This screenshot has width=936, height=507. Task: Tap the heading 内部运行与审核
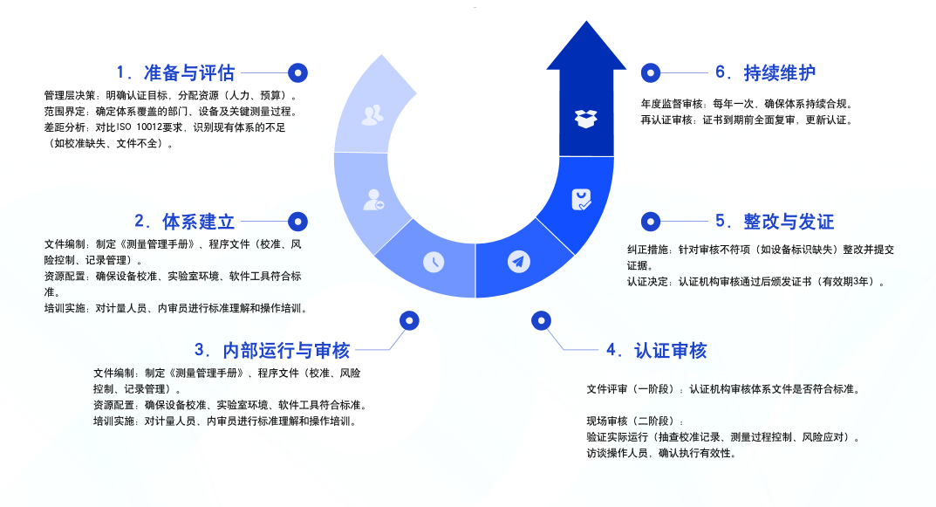[272, 351]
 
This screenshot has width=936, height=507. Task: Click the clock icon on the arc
[433, 262]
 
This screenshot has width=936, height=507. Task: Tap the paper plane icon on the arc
[519, 261]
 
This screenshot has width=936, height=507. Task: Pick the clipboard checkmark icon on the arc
[581, 200]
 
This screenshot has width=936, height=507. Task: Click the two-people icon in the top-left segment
[372, 114]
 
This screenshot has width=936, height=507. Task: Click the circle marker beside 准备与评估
[298, 72]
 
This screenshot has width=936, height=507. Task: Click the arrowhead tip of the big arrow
[585, 26]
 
